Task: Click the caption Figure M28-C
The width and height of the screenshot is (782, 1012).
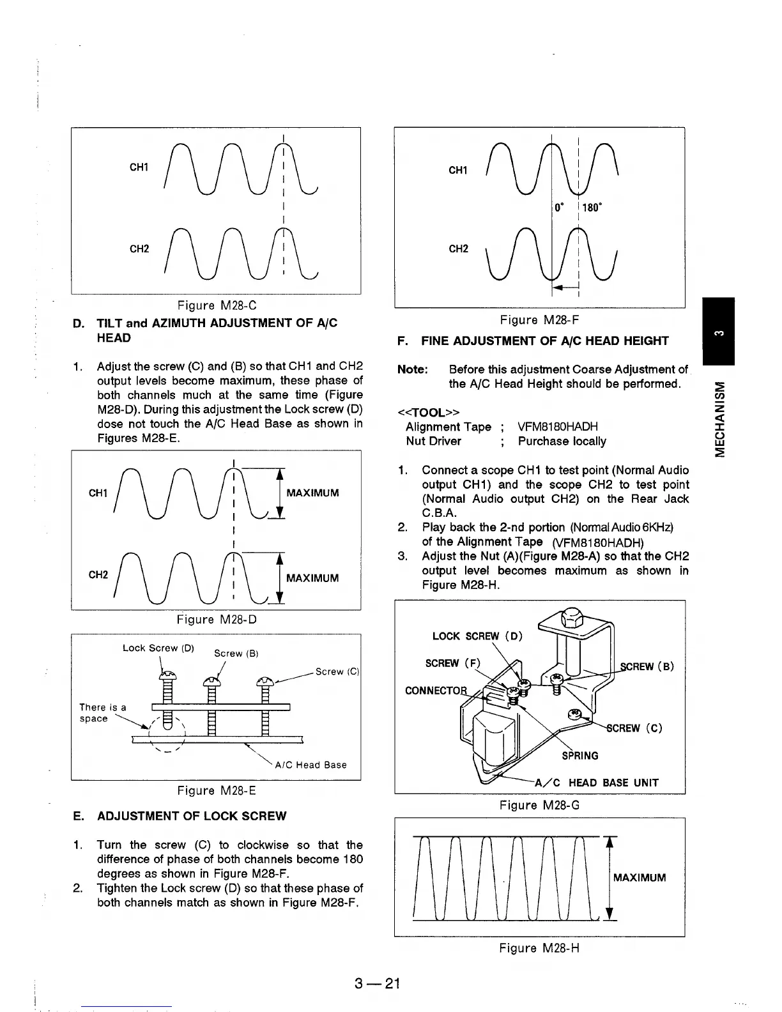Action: click(x=216, y=305)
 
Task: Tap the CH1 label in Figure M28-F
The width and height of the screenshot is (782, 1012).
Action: click(x=458, y=171)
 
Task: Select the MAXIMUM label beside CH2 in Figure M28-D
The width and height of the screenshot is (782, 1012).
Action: click(x=312, y=578)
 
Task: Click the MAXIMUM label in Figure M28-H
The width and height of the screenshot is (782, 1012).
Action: click(x=639, y=877)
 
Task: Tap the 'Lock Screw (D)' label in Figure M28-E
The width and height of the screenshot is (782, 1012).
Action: click(x=158, y=648)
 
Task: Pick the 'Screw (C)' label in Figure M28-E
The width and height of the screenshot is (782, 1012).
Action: click(x=338, y=671)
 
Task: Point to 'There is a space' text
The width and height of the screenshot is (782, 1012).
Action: click(x=102, y=713)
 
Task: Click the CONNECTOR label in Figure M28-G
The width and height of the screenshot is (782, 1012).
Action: click(x=434, y=691)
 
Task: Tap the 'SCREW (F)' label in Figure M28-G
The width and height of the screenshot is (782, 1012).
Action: click(x=452, y=663)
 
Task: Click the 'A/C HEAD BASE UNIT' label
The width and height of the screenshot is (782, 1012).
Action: click(x=596, y=783)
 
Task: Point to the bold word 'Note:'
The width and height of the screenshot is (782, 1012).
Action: click(x=412, y=370)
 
